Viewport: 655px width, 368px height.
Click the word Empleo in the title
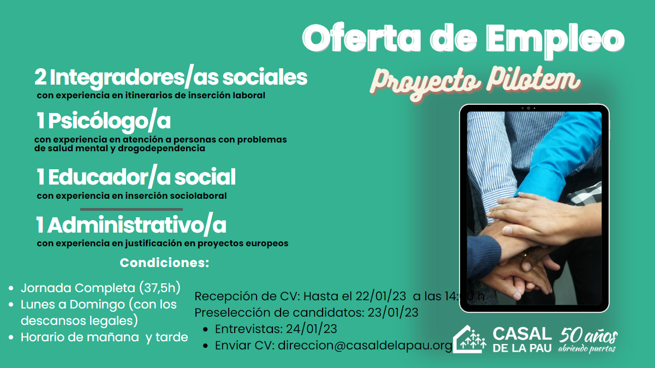(x=555, y=39)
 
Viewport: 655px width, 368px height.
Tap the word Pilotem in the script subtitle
(x=533, y=80)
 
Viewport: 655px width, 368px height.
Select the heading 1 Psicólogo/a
(x=104, y=121)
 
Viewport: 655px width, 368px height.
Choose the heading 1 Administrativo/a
(x=131, y=225)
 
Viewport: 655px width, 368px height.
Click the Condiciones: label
(x=164, y=263)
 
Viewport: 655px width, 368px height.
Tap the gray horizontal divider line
(x=132, y=210)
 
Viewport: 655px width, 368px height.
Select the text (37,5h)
(x=160, y=288)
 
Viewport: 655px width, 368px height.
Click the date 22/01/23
(x=381, y=296)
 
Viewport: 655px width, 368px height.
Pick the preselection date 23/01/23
(x=393, y=313)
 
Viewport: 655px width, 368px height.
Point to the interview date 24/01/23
(x=312, y=329)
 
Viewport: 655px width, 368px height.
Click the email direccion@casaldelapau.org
(x=365, y=346)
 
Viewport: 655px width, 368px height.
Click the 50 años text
(x=588, y=336)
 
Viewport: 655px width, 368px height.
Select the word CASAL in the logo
(x=522, y=334)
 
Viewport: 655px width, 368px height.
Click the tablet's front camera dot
(x=528, y=108)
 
